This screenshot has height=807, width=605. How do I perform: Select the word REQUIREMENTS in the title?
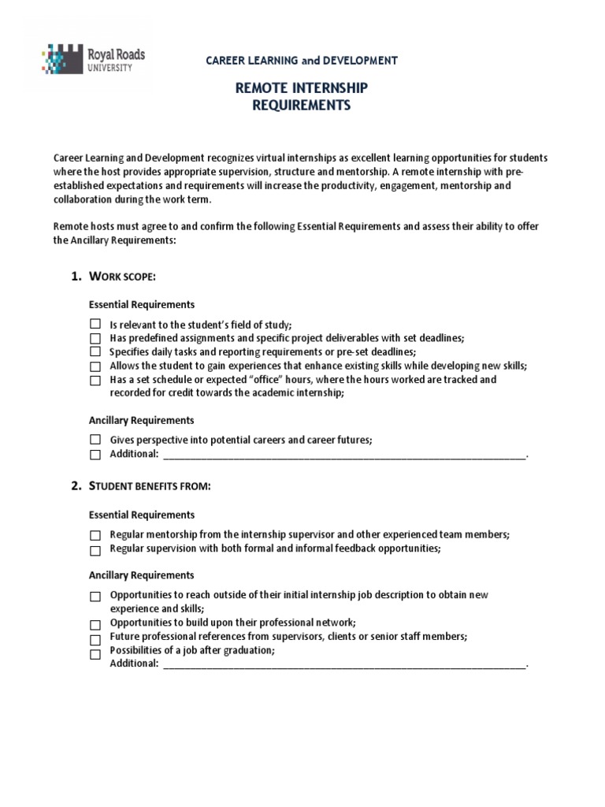302,106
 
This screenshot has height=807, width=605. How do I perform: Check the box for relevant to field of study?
95,324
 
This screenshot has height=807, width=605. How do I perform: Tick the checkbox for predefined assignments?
95,338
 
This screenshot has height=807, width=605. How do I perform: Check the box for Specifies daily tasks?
95,351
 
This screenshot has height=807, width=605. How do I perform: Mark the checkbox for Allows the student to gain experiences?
95,366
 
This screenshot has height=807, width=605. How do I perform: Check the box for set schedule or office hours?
95,380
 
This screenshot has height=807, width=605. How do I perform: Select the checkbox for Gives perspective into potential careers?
95,440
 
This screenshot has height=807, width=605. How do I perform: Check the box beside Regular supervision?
95,550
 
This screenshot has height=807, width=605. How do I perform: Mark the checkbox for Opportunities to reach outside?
95,597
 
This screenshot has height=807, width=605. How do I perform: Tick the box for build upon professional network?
95,624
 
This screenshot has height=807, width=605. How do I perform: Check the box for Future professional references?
95,639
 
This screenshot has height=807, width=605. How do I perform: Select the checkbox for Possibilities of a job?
95,653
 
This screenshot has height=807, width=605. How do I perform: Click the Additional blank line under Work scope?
343,456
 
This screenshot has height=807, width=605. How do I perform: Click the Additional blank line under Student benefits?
343,665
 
